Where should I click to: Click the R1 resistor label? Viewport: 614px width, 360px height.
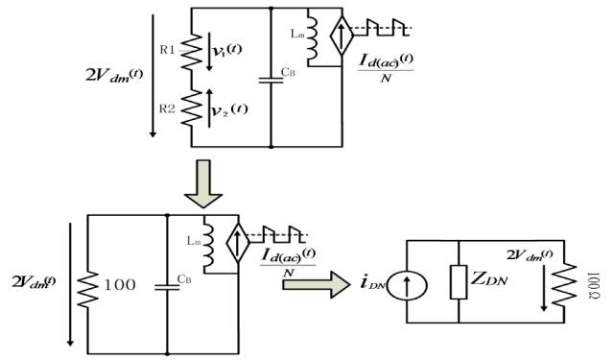pos(167,45)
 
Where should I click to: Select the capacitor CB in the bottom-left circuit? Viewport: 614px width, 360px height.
pos(167,283)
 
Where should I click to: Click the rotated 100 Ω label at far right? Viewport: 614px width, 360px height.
pos(592,281)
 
